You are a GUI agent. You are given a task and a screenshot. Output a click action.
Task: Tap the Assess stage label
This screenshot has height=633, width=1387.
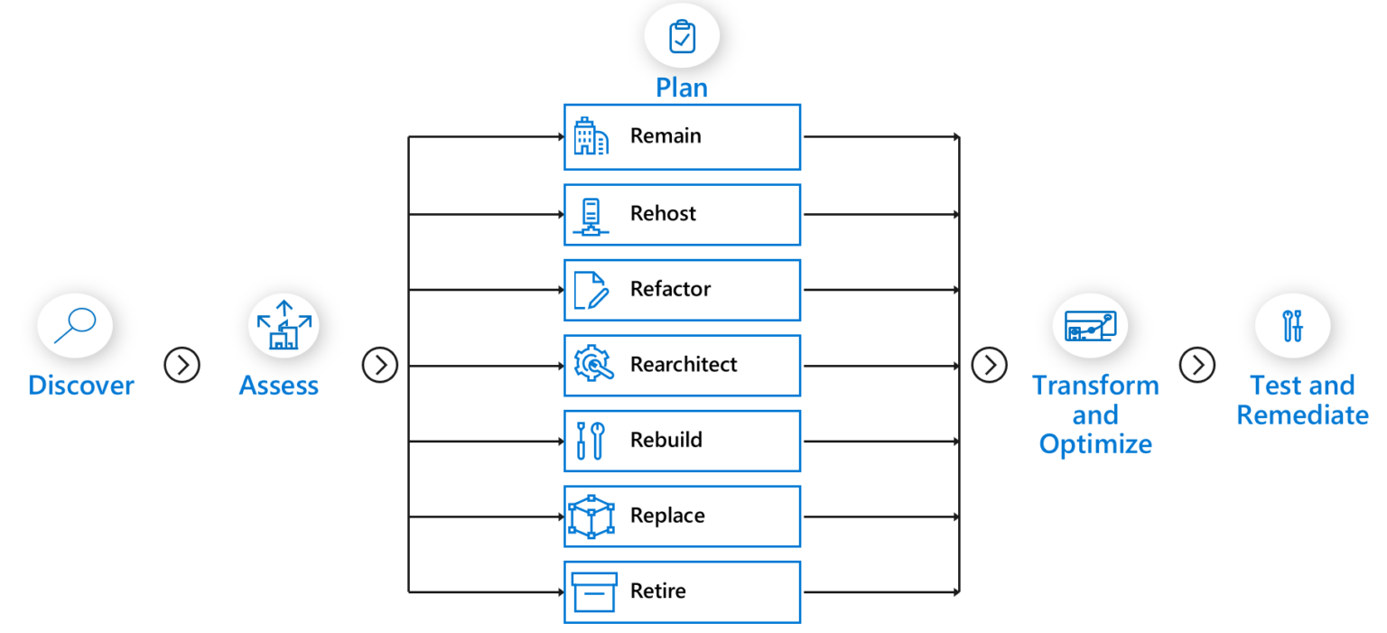pyautogui.click(x=278, y=386)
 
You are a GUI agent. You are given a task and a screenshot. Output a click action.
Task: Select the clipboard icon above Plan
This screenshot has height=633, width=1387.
pyautogui.click(x=682, y=37)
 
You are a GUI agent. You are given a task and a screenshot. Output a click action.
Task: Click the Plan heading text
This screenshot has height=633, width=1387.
pyautogui.click(x=682, y=88)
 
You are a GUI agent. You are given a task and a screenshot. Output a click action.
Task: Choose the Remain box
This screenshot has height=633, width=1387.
pyautogui.click(x=682, y=137)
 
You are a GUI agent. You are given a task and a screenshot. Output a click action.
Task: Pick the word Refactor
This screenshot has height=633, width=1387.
pyautogui.click(x=670, y=289)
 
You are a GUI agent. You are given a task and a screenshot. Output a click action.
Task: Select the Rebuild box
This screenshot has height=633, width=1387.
pyautogui.click(x=682, y=441)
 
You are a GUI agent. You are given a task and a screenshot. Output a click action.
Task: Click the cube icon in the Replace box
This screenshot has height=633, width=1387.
pyautogui.click(x=591, y=517)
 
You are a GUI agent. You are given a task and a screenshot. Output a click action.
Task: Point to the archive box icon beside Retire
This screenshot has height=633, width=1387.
pyautogui.click(x=593, y=592)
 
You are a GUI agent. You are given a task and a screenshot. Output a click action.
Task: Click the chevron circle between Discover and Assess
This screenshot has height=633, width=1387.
pyautogui.click(x=182, y=365)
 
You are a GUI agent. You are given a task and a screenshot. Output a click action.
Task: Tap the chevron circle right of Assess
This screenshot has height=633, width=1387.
pyautogui.click(x=380, y=365)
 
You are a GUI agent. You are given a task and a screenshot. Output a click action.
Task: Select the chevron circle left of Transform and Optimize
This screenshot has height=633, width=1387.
pyautogui.click(x=990, y=365)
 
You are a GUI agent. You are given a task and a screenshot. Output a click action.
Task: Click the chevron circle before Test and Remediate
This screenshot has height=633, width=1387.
pyautogui.click(x=1197, y=365)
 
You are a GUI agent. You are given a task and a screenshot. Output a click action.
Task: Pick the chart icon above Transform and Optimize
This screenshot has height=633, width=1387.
pyautogui.click(x=1090, y=326)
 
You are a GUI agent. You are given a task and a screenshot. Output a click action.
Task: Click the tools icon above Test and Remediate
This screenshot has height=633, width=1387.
pyautogui.click(x=1293, y=326)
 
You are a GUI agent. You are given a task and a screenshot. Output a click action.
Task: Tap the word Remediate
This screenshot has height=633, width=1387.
pyautogui.click(x=1302, y=415)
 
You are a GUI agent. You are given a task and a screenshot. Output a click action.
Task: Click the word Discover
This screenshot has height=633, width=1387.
pyautogui.click(x=81, y=386)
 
